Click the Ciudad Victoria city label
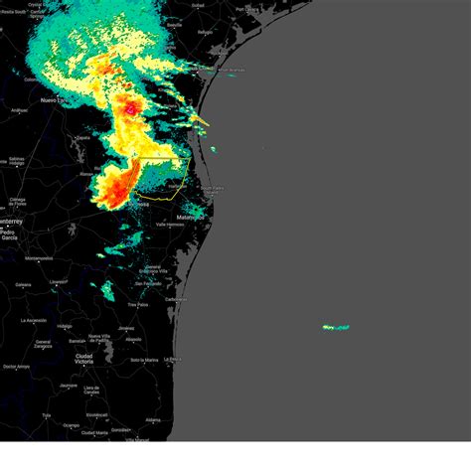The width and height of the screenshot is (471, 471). pyautogui.click(x=83, y=358)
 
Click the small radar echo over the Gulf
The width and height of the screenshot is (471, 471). pyautogui.click(x=336, y=326)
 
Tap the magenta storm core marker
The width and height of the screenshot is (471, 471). pyautogui.click(x=130, y=107)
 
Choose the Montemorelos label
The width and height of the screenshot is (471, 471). pyautogui.click(x=39, y=258)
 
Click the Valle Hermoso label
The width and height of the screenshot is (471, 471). pyautogui.click(x=167, y=226)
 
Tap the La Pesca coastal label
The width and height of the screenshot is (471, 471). pyautogui.click(x=171, y=359)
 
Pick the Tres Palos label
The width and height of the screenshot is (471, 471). pyautogui.click(x=137, y=305)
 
